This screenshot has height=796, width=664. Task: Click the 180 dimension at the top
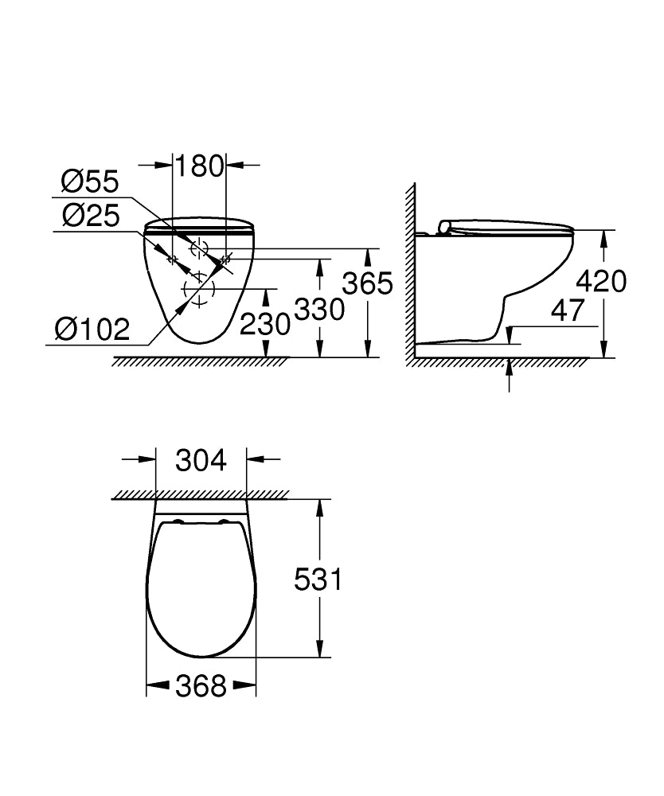pos(199,166)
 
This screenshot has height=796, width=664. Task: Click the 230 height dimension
pos(265,324)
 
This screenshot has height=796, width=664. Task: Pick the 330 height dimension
pos(319,309)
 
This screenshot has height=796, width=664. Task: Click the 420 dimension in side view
pos(600,281)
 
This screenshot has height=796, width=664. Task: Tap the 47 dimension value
pos(568,310)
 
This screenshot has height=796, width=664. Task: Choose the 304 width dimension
pos(201,459)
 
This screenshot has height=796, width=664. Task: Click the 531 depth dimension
pos(318,579)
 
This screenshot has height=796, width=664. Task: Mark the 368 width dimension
pos(201,685)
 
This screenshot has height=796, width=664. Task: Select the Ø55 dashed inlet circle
pos(197,248)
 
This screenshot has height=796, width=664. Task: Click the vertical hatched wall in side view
pos(412,271)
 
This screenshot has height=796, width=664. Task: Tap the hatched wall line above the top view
pos(199,495)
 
